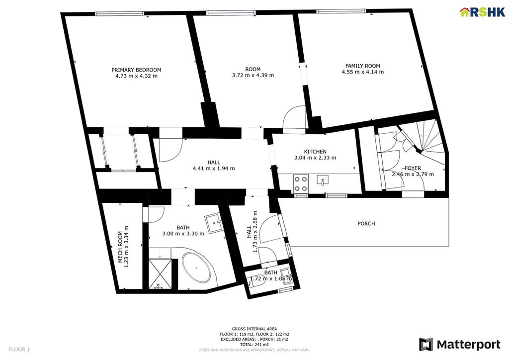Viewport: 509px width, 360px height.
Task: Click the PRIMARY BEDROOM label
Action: pos(136,70)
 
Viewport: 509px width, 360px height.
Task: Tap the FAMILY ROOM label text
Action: pos(362,66)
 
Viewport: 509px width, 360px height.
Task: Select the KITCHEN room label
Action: pos(315,152)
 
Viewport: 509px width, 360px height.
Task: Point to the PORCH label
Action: pos(366,224)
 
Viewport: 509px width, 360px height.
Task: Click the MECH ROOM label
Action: pos(120,247)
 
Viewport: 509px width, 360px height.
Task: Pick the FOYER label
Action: pos(413,168)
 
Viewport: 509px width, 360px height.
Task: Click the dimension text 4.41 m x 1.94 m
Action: pos(214,169)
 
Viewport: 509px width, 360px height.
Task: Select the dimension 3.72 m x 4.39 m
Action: pos(253,75)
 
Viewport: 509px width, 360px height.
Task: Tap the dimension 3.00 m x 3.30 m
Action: pos(183,233)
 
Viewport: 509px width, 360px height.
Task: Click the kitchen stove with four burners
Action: pos(301,183)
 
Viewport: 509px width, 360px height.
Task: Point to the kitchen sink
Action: pos(322,180)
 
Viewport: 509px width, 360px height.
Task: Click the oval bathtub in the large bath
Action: pos(196,268)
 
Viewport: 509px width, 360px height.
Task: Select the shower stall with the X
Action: pos(160,273)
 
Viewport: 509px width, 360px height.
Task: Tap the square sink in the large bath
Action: pos(213,223)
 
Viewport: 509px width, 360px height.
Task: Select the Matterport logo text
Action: pos(468,345)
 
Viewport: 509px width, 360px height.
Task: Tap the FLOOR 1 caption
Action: pos(19,350)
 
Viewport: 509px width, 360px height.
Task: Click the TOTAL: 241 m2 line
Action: pos(254,345)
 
